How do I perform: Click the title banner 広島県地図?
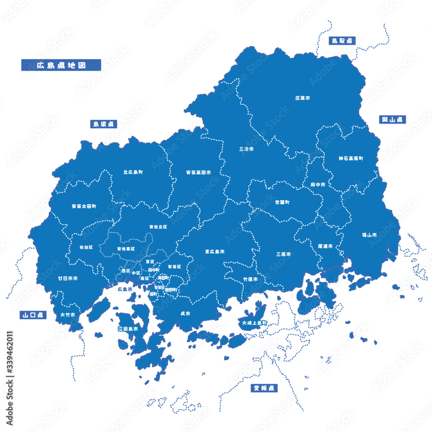tap(61, 65)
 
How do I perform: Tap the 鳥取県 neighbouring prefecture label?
tap(342, 41)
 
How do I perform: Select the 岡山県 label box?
tap(393, 119)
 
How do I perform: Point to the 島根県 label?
tap(104, 124)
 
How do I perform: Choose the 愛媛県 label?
tap(264, 388)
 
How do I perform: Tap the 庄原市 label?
tap(302, 98)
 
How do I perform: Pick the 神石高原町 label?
tap(351, 159)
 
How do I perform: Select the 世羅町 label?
tap(282, 202)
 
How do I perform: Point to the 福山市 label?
tap(369, 235)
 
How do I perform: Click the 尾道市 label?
tap(325, 246)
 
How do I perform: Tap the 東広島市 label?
tap(215, 251)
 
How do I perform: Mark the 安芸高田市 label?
tap(199, 172)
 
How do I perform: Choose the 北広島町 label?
tap(133, 172)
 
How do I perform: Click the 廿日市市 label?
tap(68, 279)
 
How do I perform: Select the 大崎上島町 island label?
tap(254, 323)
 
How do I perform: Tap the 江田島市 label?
tap(128, 329)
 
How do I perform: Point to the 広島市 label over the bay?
tap(125, 289)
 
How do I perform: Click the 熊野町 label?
tap(171, 290)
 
